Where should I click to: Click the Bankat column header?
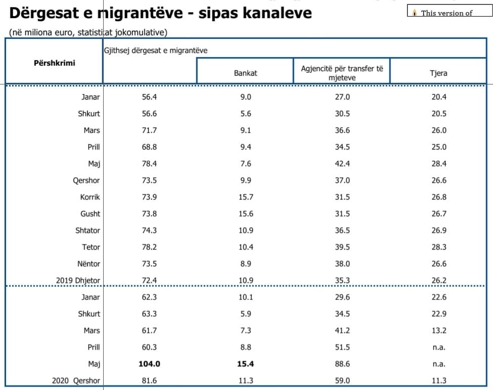coord(245,73)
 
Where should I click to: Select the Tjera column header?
coord(438,73)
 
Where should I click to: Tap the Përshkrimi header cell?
coord(54,63)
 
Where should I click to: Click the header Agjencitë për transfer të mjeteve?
coord(342,73)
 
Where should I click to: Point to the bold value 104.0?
coord(149,364)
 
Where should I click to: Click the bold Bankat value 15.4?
coord(246,364)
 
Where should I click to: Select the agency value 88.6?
coord(342,364)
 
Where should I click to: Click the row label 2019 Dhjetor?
coord(78,280)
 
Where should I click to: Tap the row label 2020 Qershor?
coord(76,380)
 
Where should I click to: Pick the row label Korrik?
coord(90,197)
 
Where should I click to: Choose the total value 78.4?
coord(149,163)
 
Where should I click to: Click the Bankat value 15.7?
coord(246,197)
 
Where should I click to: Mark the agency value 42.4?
coord(342,163)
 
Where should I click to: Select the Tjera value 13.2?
coord(438,330)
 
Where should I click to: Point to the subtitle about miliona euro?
coord(88,32)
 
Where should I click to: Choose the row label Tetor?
coord(91,247)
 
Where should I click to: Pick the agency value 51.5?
coord(342,347)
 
